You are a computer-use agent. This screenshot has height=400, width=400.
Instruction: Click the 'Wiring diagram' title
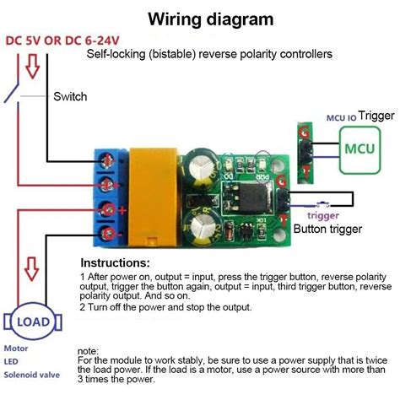(210, 19)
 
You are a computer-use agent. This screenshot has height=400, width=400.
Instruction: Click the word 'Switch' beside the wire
(70, 97)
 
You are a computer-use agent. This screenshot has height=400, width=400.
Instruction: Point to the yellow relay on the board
(152, 190)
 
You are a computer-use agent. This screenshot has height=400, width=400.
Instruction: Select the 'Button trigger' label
(329, 228)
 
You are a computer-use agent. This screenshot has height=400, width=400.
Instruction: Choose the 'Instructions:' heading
(115, 262)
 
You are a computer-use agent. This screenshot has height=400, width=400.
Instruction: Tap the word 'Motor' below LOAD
(17, 347)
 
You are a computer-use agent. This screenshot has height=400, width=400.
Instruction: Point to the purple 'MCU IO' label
(341, 118)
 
